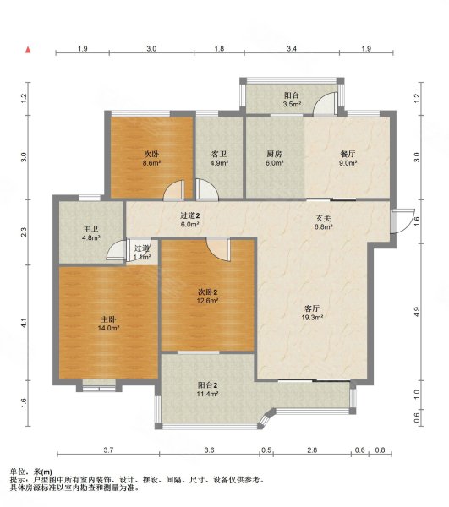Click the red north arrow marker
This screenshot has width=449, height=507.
point(28,50)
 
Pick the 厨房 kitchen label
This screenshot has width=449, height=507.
point(274,154)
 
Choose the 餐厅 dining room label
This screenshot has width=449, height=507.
point(348,154)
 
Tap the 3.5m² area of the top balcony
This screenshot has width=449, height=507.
point(292,104)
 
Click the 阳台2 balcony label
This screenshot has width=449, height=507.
point(207,385)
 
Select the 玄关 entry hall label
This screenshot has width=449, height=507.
point(323,218)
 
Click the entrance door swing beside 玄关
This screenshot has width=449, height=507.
point(402,221)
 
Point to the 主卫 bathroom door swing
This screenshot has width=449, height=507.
point(117,249)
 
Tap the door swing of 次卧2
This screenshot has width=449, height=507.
point(219,249)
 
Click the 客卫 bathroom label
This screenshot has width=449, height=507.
point(219,154)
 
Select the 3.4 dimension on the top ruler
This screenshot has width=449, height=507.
point(292,49)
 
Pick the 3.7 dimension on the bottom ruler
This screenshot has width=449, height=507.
point(108,450)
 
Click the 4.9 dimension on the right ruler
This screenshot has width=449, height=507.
point(417,311)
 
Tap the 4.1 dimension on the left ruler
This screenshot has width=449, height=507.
point(24,323)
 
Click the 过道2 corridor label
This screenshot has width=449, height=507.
point(189,215)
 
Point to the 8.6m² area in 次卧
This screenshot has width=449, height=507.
point(152,163)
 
